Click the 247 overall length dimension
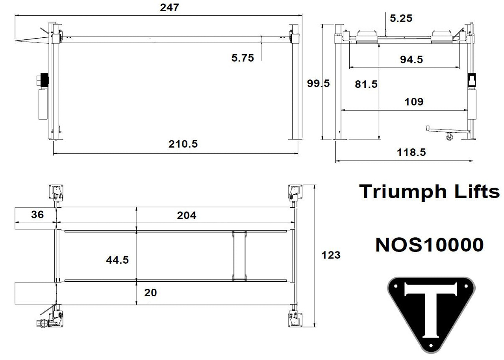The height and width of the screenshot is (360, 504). click(x=169, y=7)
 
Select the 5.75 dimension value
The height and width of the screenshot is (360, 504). click(x=243, y=58)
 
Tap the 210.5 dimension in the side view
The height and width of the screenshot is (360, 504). click(x=183, y=144)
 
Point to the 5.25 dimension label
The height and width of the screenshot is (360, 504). click(x=401, y=18)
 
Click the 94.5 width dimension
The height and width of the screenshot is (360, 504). click(x=411, y=59)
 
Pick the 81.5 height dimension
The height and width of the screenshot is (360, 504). click(x=366, y=84)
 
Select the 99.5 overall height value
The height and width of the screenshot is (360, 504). click(x=318, y=83)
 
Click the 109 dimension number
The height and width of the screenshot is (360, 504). click(x=414, y=102)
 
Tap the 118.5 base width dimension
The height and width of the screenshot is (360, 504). click(x=411, y=152)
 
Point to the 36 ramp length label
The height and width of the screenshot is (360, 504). click(x=37, y=215)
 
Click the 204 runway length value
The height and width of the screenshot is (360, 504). click(x=187, y=215)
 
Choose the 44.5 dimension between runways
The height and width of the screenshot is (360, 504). click(x=117, y=260)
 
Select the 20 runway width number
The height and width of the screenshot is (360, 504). click(x=151, y=293)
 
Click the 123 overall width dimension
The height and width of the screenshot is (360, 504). click(x=331, y=255)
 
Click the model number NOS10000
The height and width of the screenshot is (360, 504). click(x=429, y=245)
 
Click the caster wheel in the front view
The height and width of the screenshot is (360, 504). click(x=449, y=137)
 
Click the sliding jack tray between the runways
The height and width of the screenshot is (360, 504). click(x=239, y=256)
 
